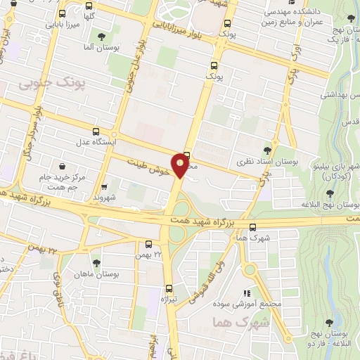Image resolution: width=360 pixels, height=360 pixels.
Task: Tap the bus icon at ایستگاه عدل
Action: coord(96,130)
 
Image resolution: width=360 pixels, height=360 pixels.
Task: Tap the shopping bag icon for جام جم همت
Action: coord(64,167)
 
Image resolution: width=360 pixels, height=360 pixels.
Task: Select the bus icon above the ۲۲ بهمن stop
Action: coord(148,244)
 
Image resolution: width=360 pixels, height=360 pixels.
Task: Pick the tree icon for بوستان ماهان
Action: coord(96,262)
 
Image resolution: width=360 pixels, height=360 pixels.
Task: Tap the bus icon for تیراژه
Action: coord(169,288)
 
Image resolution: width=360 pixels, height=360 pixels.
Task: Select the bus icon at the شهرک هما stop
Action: coord(252,226)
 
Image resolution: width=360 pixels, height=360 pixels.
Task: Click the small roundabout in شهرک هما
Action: coord(250,269)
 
